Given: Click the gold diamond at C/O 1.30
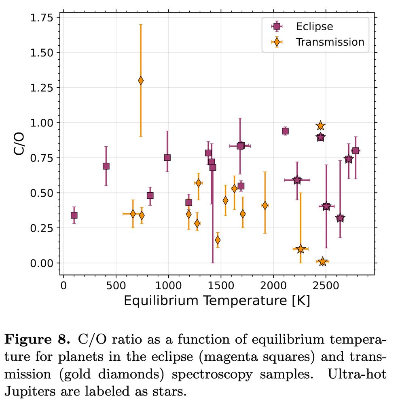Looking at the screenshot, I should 141,80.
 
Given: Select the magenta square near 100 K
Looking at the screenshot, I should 74,215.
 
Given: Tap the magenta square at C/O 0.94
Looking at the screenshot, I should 285,131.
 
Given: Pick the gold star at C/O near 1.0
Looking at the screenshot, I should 320,126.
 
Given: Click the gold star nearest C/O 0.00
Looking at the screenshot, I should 322,262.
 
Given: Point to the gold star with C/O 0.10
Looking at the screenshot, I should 300,249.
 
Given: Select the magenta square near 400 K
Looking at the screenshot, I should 106,166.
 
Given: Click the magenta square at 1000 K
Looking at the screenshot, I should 167,158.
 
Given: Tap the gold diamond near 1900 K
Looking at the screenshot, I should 265,205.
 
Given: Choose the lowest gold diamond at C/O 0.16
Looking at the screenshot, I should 218,240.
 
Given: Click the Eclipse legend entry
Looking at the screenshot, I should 314,27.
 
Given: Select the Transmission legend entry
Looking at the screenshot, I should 330,42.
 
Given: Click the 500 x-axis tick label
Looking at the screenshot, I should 116,286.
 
